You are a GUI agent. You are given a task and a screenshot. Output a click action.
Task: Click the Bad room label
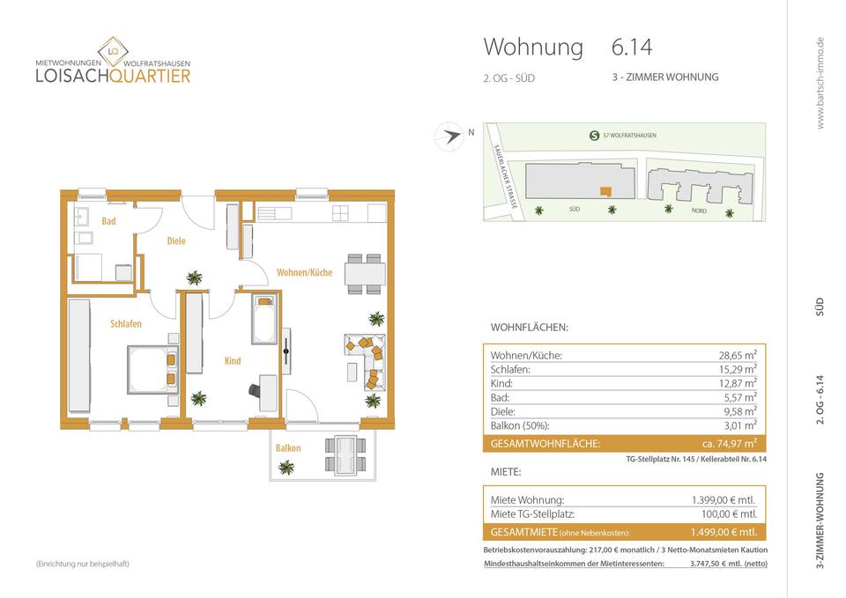[x=108, y=221]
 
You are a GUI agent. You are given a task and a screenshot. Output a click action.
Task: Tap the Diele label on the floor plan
[x=176, y=240]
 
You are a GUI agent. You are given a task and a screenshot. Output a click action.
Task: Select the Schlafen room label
[x=126, y=324]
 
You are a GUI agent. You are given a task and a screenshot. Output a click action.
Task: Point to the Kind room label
[x=233, y=360]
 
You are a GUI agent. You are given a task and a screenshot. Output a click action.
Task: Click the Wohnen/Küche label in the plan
[x=304, y=272]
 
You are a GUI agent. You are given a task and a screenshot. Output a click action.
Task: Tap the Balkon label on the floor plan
[x=288, y=448]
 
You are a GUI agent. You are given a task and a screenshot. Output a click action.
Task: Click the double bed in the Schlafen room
[x=152, y=367]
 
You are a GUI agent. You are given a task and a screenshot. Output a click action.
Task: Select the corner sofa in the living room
[x=365, y=360]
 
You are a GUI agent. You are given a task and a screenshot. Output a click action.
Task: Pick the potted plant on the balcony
[x=286, y=468]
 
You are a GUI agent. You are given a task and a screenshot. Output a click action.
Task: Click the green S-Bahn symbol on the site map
[x=594, y=135]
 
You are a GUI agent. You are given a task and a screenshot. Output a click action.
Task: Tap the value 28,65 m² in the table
[x=738, y=356]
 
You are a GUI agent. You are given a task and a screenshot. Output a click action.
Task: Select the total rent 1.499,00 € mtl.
[x=724, y=532]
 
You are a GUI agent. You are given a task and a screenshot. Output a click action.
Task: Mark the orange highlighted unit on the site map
[x=604, y=190]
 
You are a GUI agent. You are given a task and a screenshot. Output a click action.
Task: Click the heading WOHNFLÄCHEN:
[x=529, y=328]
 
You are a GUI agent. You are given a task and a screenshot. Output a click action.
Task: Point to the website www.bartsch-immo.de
[x=820, y=83]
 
